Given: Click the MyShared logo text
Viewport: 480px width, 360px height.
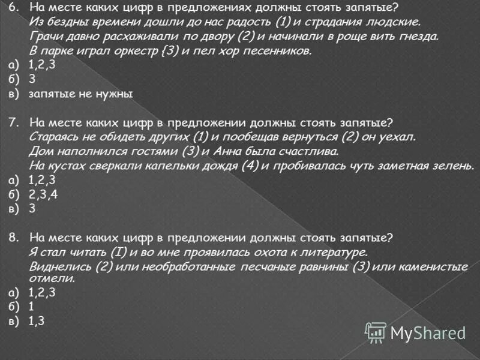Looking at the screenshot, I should [x=428, y=332].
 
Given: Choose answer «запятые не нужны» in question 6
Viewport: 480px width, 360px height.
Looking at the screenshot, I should [x=80, y=94].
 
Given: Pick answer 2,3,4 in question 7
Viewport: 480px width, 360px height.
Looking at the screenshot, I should [x=43, y=194].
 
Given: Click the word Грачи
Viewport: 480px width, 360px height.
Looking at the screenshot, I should [x=43, y=37].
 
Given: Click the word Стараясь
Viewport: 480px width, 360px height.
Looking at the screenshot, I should [x=53, y=137].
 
